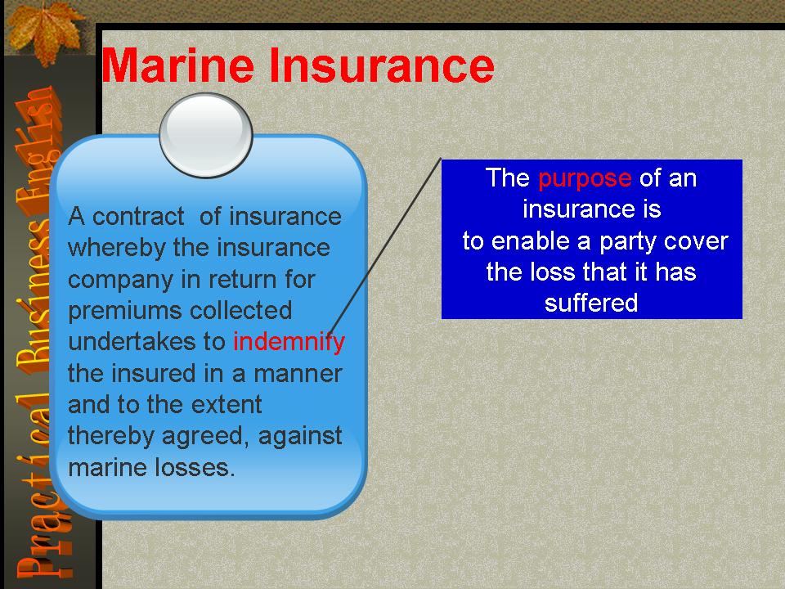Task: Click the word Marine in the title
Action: pyautogui.click(x=177, y=65)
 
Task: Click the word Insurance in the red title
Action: pyautogui.click(x=382, y=65)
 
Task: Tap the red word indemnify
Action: pyautogui.click(x=289, y=343)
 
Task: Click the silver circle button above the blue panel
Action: pyautogui.click(x=206, y=135)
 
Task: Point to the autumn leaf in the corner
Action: pyautogui.click(x=45, y=33)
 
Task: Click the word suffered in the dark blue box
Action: pyautogui.click(x=591, y=303)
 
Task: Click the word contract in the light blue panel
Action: pyautogui.click(x=138, y=217)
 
